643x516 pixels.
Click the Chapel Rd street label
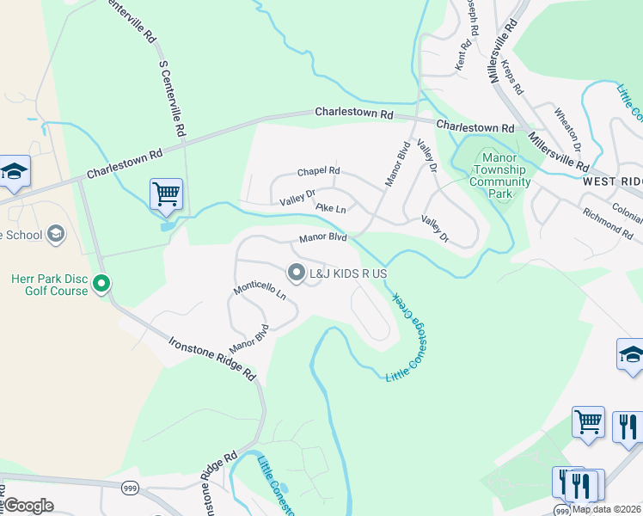point(319,171)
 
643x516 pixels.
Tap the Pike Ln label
point(330,208)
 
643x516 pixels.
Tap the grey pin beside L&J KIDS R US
point(297,273)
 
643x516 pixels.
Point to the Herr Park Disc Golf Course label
point(50,285)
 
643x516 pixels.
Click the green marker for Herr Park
point(102,282)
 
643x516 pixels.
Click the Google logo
point(28,506)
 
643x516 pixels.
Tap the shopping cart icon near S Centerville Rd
point(166,193)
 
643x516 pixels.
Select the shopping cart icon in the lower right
point(588,422)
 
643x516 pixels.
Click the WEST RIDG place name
point(612,182)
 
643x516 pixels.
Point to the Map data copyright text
point(607,509)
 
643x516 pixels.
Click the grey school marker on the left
point(56,234)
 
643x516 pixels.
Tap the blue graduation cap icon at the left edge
point(14,171)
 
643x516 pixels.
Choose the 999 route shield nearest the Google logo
point(130,488)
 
